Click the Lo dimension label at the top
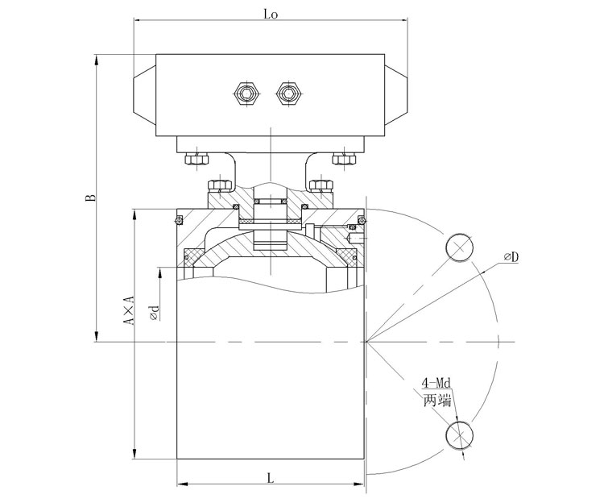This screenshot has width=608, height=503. (x=271, y=15)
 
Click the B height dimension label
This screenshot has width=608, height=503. (x=90, y=197)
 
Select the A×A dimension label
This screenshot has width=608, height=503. (x=128, y=310)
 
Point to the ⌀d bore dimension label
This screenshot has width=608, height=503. (x=155, y=313)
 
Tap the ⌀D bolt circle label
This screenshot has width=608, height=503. (x=511, y=256)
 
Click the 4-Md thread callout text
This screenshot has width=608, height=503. (x=436, y=383)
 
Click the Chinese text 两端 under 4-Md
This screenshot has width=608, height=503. (x=437, y=400)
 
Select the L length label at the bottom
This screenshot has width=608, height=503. (x=271, y=478)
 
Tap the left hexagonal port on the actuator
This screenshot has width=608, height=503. (x=246, y=94)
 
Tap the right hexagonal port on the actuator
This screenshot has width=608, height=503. (x=287, y=94)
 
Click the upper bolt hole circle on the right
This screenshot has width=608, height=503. (x=459, y=247)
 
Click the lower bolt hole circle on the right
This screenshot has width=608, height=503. (x=460, y=434)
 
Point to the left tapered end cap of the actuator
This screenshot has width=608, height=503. (x=145, y=94)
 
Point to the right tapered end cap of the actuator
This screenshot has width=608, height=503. (x=396, y=94)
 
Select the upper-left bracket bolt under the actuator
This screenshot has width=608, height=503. (x=197, y=159)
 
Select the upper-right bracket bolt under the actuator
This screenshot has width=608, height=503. (x=345, y=159)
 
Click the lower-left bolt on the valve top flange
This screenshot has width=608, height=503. (x=220, y=185)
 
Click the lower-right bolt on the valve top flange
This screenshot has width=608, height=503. (x=321, y=185)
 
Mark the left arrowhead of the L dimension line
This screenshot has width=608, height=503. (x=182, y=484)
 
